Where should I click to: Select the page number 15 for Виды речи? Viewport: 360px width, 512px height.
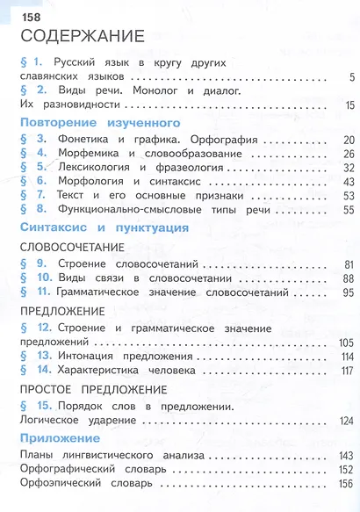click(349, 106)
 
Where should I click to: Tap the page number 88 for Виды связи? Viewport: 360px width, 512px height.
click(348, 278)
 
